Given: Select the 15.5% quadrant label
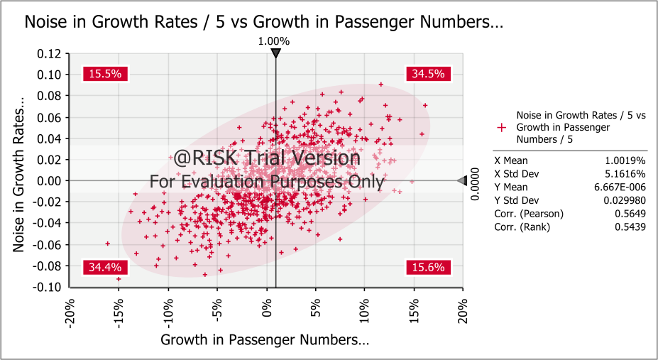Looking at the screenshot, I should (x=106, y=73).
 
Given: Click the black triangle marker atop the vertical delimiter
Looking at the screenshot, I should (x=275, y=53).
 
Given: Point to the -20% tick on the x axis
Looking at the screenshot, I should (x=70, y=310).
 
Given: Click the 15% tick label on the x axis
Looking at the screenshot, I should (x=413, y=307).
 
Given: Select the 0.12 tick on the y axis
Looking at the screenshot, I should (x=50, y=53).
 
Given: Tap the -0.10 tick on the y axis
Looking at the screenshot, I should (x=48, y=287).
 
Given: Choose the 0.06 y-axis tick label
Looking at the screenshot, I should (x=50, y=117).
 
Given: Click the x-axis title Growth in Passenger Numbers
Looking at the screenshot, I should (x=265, y=339).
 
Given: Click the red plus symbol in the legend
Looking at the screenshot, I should (x=502, y=127).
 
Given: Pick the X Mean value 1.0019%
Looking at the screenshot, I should (x=627, y=160).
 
